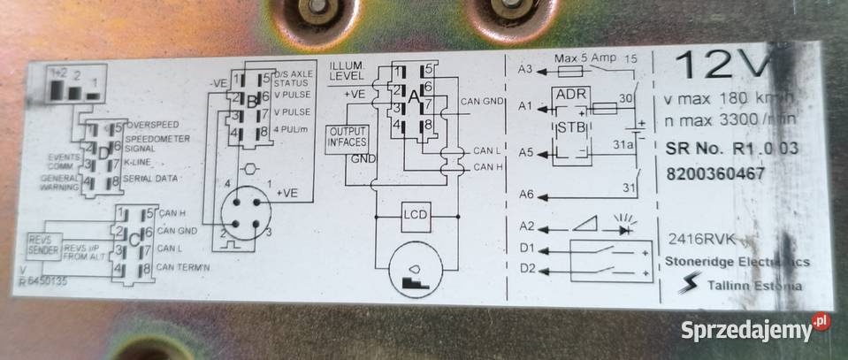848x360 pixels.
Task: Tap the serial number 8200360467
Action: [x=717, y=173]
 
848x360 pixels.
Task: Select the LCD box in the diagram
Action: [x=415, y=215]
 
